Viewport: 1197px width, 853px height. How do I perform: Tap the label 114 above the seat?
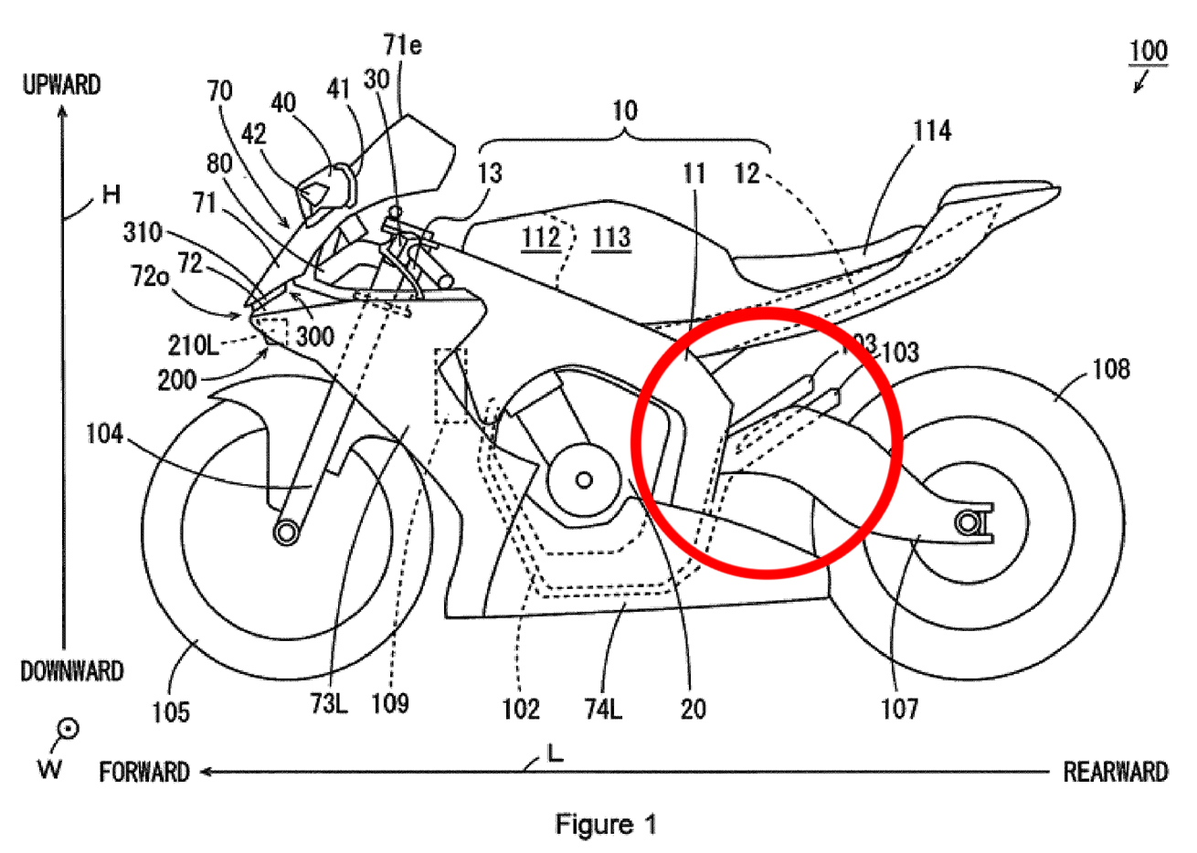point(931,132)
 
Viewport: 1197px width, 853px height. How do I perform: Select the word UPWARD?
point(61,86)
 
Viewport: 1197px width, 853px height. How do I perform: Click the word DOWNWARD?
point(72,672)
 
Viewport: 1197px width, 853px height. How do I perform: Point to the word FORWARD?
point(144,773)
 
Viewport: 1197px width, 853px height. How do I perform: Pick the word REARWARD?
point(1115,773)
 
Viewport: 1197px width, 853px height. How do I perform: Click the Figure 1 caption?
point(606,826)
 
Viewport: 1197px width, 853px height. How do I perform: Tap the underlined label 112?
point(541,237)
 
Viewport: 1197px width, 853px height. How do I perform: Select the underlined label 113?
point(611,237)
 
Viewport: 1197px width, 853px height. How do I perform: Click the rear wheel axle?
point(969,522)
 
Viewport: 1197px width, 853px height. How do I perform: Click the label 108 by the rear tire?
point(1110,369)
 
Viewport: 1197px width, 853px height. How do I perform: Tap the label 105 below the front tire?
point(171,711)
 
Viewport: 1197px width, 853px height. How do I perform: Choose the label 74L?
point(603,710)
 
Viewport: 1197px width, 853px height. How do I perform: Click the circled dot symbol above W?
point(68,729)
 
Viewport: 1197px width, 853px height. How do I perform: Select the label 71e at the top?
point(402,46)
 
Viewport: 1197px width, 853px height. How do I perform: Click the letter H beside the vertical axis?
point(111,194)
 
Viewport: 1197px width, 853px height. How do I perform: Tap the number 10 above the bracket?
point(624,111)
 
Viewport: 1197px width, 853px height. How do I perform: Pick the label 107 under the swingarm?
point(899,709)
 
